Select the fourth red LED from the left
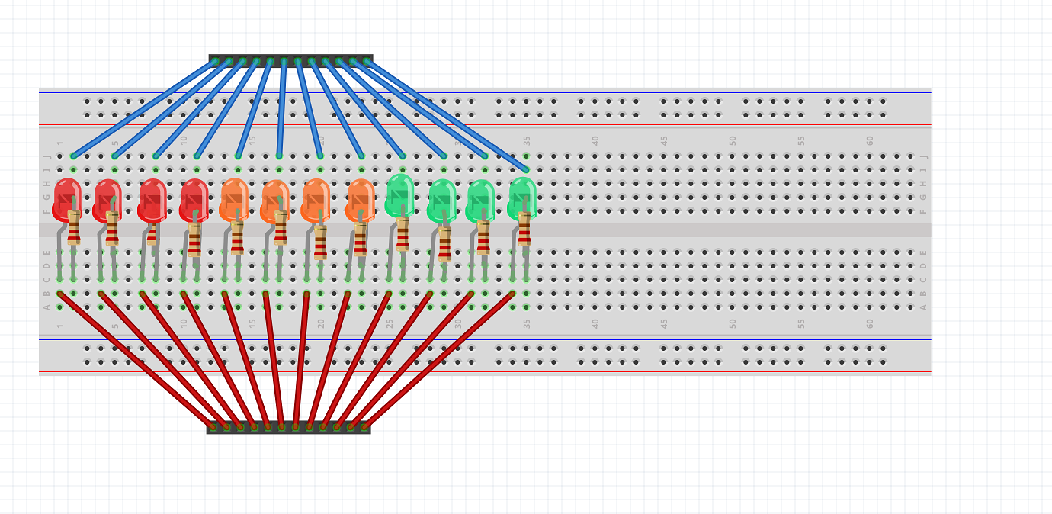[x=194, y=198]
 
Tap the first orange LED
[x=234, y=198]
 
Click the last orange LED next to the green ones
[x=361, y=198]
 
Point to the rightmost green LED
[x=522, y=196]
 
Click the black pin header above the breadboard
[x=290, y=60]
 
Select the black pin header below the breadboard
[x=288, y=427]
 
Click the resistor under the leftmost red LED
[x=74, y=228]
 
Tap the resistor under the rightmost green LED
[x=524, y=229]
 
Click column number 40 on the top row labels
[x=596, y=140]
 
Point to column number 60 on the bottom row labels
[x=870, y=323]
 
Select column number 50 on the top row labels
[x=733, y=140]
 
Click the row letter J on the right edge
[x=923, y=156]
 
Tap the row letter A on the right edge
[x=923, y=307]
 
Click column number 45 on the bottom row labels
[x=665, y=323]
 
